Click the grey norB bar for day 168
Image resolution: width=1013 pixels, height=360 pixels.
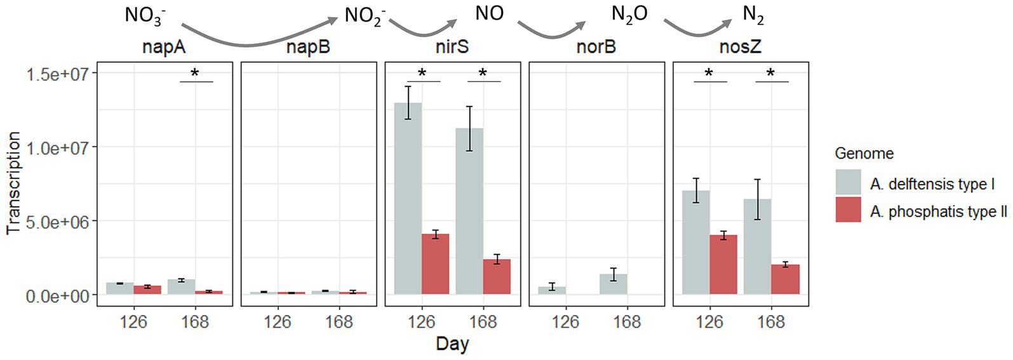coord(613,284)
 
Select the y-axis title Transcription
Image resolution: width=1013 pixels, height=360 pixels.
coord(13,183)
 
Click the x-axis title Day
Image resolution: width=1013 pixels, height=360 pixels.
coord(452,344)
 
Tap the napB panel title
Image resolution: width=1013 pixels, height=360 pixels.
coord(308,47)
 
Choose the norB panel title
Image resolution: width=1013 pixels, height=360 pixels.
coord(596,47)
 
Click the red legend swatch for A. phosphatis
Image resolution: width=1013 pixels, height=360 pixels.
coord(848,210)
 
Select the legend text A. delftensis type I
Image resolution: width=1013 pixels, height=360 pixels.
coord(932,184)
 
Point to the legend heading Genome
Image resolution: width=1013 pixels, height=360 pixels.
coord(864,153)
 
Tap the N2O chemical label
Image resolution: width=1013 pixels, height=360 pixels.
coord(629,14)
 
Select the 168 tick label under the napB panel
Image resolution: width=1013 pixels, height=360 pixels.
coord(339,322)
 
